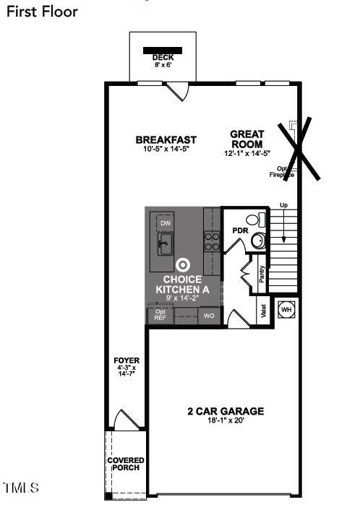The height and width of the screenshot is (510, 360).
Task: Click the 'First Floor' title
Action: pos(41,12)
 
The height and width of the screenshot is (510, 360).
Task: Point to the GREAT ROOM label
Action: pos(247,139)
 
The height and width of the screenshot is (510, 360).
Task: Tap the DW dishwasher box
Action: pos(166,224)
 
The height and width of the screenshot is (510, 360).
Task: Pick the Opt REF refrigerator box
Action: pos(160,315)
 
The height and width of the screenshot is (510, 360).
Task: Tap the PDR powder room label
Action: pos(240,230)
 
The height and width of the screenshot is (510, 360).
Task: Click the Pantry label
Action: pos(262,275)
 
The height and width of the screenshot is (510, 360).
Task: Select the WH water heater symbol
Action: pos(286,308)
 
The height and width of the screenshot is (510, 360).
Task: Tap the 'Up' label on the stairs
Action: pos(283,207)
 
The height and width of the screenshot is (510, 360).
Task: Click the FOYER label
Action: pos(127,360)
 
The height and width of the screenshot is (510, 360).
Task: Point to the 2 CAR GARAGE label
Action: pos(226,411)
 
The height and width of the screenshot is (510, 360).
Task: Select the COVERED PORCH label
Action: pos(126,464)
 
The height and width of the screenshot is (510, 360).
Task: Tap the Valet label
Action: pos(263,312)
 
